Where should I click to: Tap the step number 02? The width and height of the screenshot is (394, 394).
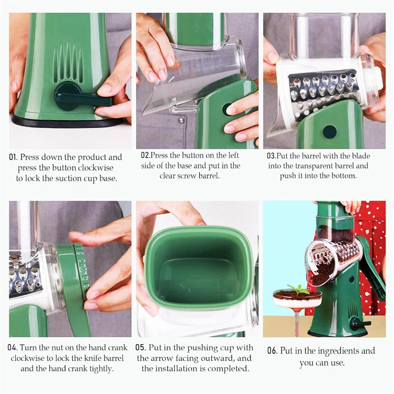coord(146,155)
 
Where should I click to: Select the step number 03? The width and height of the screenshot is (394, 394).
coord(272,156)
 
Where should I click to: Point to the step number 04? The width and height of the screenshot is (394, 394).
coord(13,347)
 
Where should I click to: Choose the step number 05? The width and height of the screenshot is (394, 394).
coord(140,348)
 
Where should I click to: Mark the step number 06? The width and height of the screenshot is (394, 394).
coord(272,351)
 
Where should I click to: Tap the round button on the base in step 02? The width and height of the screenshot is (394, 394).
coord(228,109)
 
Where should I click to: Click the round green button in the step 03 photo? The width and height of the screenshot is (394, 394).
coord(329,131)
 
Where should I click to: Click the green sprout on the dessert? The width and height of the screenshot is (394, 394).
coord(298,289)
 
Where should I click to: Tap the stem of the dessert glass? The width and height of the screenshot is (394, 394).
coord(297,322)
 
